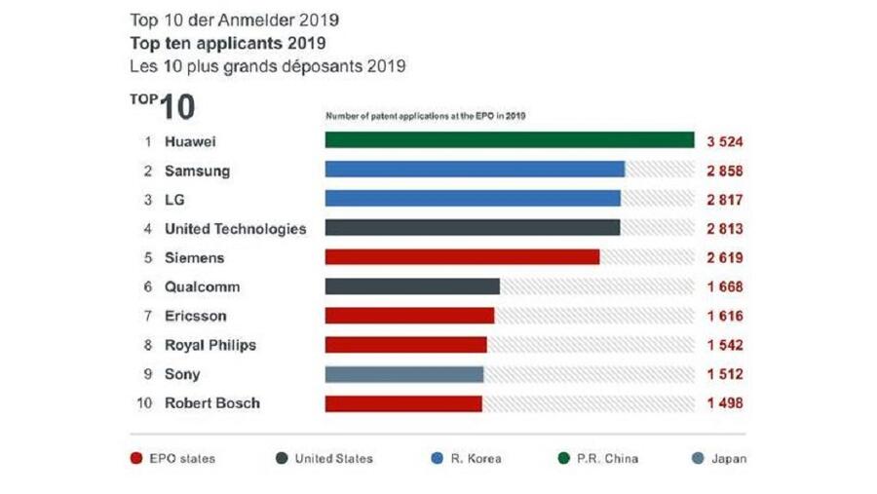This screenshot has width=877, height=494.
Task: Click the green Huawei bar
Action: tap(509, 141)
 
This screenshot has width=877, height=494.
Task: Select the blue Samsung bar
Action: tap(475, 170)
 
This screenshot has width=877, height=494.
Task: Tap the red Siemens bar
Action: tap(462, 257)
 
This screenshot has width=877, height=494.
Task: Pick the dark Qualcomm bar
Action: tap(412, 286)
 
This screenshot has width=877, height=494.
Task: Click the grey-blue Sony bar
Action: tap(403, 374)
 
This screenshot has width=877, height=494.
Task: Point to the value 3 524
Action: tap(726, 141)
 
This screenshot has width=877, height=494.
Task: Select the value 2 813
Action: tap(726, 229)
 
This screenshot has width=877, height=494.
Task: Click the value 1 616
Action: tap(726, 316)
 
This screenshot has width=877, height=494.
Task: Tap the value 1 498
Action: tap(726, 403)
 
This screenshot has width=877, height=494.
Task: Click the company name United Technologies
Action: tap(235, 229)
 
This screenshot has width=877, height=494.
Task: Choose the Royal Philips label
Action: tap(210, 345)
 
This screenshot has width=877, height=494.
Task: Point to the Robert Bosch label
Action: tap(212, 403)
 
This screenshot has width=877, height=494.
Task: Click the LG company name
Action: tap(174, 200)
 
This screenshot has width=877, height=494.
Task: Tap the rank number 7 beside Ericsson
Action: tap(148, 316)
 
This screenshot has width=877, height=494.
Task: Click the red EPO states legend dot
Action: tap(137, 459)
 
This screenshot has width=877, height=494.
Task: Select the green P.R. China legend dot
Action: tap(563, 459)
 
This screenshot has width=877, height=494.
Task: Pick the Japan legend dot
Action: tap(698, 459)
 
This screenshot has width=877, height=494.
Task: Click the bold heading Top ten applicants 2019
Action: tap(228, 44)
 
